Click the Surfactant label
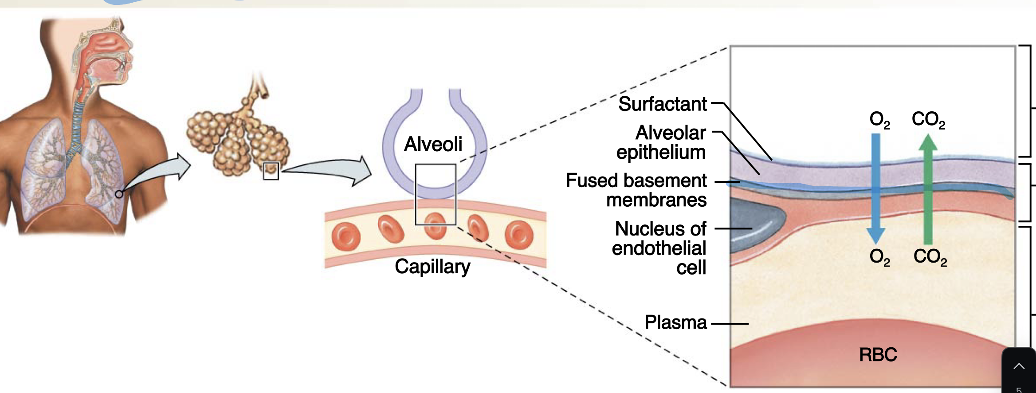(662, 104)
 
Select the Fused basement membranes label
(636, 190)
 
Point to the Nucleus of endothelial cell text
(660, 248)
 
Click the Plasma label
(675, 322)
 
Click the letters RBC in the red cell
(878, 355)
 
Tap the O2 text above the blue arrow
(879, 120)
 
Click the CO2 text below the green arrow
(930, 257)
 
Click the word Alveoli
(433, 144)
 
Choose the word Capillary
(432, 267)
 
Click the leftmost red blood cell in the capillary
(346, 235)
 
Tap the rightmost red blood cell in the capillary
(519, 235)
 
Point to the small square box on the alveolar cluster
(271, 171)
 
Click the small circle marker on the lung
(119, 194)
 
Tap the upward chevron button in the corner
(1019, 366)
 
